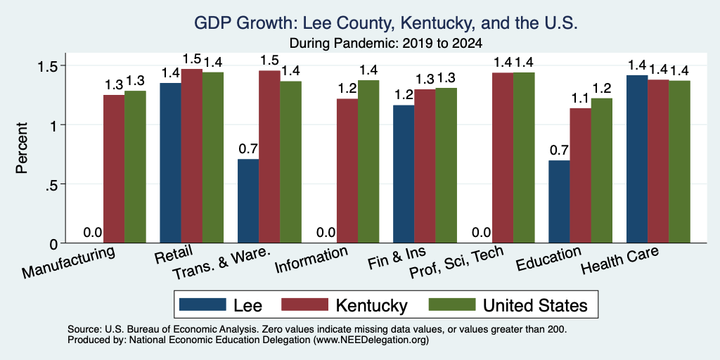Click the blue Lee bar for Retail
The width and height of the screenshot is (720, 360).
(170, 162)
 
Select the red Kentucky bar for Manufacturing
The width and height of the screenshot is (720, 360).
(114, 169)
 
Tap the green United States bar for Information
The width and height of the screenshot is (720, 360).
(368, 161)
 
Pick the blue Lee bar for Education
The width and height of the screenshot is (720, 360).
(559, 202)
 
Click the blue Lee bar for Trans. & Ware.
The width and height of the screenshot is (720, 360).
(248, 200)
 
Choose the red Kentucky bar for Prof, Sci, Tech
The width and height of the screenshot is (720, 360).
(503, 157)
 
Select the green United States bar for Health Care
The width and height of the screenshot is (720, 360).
(680, 162)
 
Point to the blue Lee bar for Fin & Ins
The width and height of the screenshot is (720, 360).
(404, 174)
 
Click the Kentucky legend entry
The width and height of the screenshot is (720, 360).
(344, 305)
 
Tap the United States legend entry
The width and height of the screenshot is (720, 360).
(508, 305)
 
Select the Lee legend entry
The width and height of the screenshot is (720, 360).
(220, 305)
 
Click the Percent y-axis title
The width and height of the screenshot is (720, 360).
(22, 148)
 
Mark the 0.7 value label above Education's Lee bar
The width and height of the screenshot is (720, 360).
(559, 150)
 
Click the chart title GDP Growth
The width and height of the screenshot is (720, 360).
(386, 23)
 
